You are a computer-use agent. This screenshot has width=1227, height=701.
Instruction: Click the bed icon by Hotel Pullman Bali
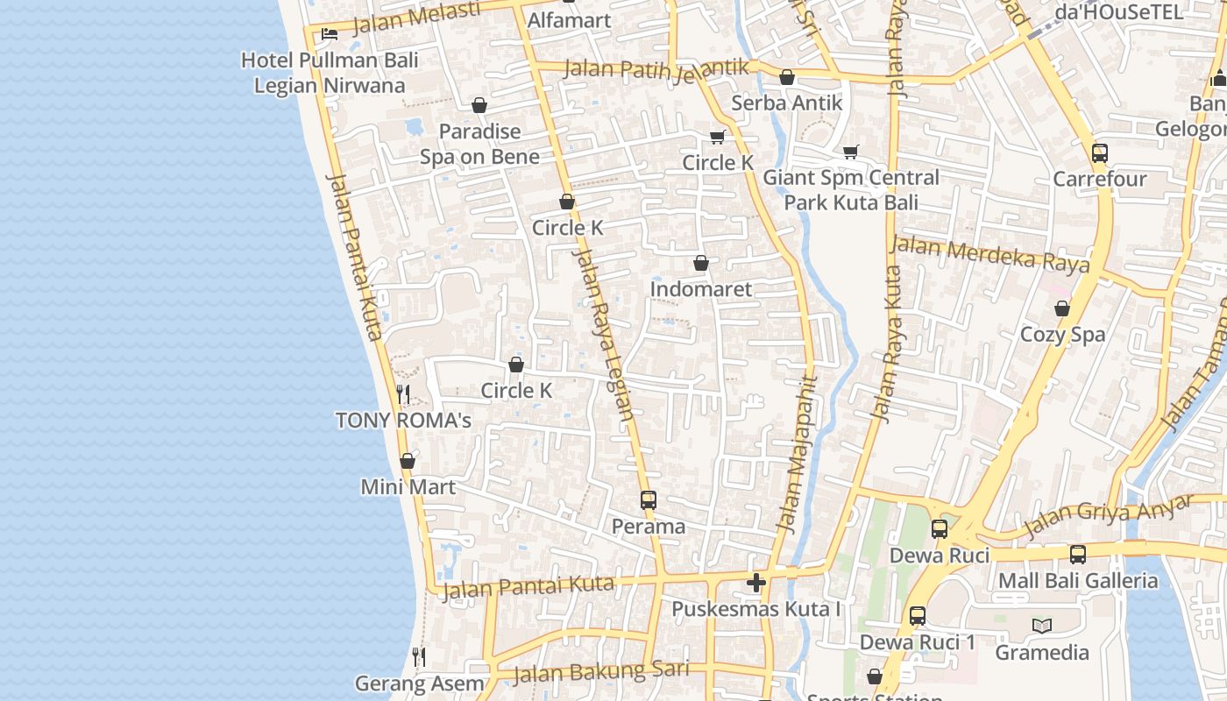(x=329, y=34)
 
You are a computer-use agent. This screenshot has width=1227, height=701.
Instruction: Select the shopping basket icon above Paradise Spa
(x=479, y=106)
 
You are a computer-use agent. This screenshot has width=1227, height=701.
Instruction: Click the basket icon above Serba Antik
(x=787, y=77)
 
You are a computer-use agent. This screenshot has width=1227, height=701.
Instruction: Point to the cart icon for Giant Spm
(x=850, y=152)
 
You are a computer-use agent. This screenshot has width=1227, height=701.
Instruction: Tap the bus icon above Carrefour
(x=1100, y=153)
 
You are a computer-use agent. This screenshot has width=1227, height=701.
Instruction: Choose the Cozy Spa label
(x=1062, y=335)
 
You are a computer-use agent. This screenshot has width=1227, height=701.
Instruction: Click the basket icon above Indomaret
(x=701, y=263)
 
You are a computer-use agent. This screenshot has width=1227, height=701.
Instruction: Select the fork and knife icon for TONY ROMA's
(x=403, y=394)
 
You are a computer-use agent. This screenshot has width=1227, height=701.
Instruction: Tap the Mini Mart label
(x=408, y=487)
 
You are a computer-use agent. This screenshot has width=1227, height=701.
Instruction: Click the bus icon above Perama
(x=649, y=500)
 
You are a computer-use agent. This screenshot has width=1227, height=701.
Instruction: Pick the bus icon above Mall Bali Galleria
(x=1078, y=555)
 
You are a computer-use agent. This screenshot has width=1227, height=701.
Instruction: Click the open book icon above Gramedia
(x=1042, y=626)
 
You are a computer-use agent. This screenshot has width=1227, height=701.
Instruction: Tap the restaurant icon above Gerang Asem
(x=419, y=657)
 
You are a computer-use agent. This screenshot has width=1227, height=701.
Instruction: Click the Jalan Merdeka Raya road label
(x=990, y=254)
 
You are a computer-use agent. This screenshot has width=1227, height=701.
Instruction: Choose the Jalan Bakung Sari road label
(x=601, y=672)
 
